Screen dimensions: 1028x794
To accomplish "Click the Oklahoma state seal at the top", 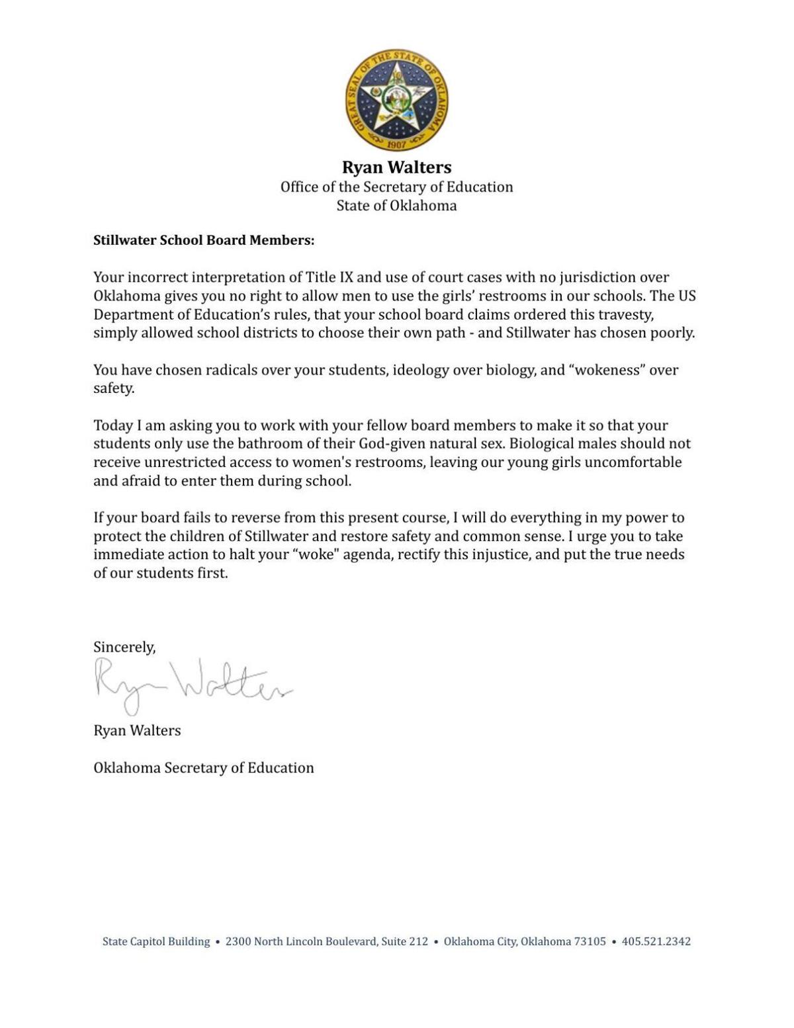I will click(396, 100).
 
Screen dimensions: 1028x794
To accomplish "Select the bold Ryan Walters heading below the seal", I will click(396, 167).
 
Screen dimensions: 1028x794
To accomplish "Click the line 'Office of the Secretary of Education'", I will click(396, 187).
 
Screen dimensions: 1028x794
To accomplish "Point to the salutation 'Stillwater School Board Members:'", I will click(204, 240).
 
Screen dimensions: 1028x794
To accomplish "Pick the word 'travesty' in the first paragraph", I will click(625, 314).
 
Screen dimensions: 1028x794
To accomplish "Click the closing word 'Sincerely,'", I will click(124, 647).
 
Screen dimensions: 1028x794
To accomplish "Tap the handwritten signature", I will click(192, 685).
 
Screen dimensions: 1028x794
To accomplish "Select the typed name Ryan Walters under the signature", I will click(137, 730).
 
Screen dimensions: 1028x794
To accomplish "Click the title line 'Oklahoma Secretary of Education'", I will click(204, 767).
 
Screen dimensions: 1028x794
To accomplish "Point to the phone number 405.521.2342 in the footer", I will click(656, 941).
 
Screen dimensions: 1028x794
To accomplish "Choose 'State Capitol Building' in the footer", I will click(156, 941).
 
